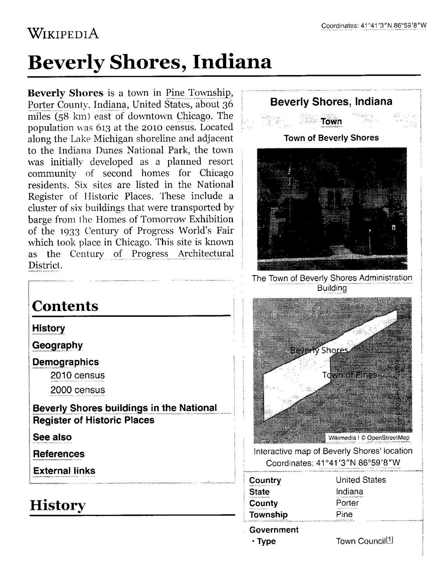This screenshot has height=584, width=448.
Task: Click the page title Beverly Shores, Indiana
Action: tap(149, 62)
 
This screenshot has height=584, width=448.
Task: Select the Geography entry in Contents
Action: tap(57, 345)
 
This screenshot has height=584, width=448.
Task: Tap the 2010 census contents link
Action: tap(77, 375)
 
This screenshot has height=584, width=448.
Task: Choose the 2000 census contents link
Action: tap(77, 390)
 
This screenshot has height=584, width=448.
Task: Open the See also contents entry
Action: tap(52, 437)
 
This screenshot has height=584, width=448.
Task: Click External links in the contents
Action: tap(64, 471)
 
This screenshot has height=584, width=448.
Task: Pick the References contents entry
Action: tap(58, 454)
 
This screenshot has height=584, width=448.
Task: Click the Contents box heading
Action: tap(65, 306)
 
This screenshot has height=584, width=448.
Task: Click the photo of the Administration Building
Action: tap(332, 209)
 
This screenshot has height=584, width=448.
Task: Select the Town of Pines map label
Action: tap(349, 375)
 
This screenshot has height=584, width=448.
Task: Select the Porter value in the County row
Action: tap(347, 503)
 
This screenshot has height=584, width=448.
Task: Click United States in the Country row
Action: tap(361, 480)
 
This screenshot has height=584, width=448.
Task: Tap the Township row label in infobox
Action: tap(268, 514)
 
